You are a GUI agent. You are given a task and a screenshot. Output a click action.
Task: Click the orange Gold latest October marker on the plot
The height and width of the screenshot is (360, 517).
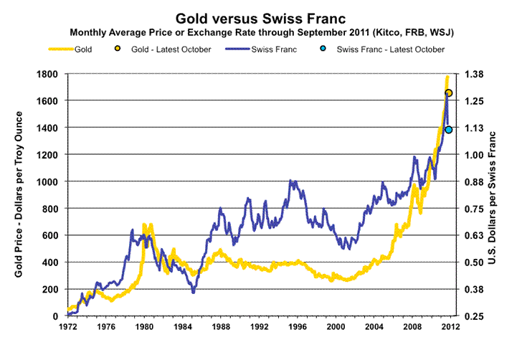449,93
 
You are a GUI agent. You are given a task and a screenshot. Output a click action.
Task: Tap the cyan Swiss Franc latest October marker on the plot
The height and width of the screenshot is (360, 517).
449,130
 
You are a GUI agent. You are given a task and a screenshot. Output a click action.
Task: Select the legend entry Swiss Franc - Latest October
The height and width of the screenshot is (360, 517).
390,49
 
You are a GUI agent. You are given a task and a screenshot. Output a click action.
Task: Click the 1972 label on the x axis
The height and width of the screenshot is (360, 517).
67,328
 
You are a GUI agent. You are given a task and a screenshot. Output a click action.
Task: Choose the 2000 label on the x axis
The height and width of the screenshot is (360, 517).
336,328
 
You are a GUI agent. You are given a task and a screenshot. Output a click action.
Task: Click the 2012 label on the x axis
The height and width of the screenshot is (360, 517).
450,328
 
